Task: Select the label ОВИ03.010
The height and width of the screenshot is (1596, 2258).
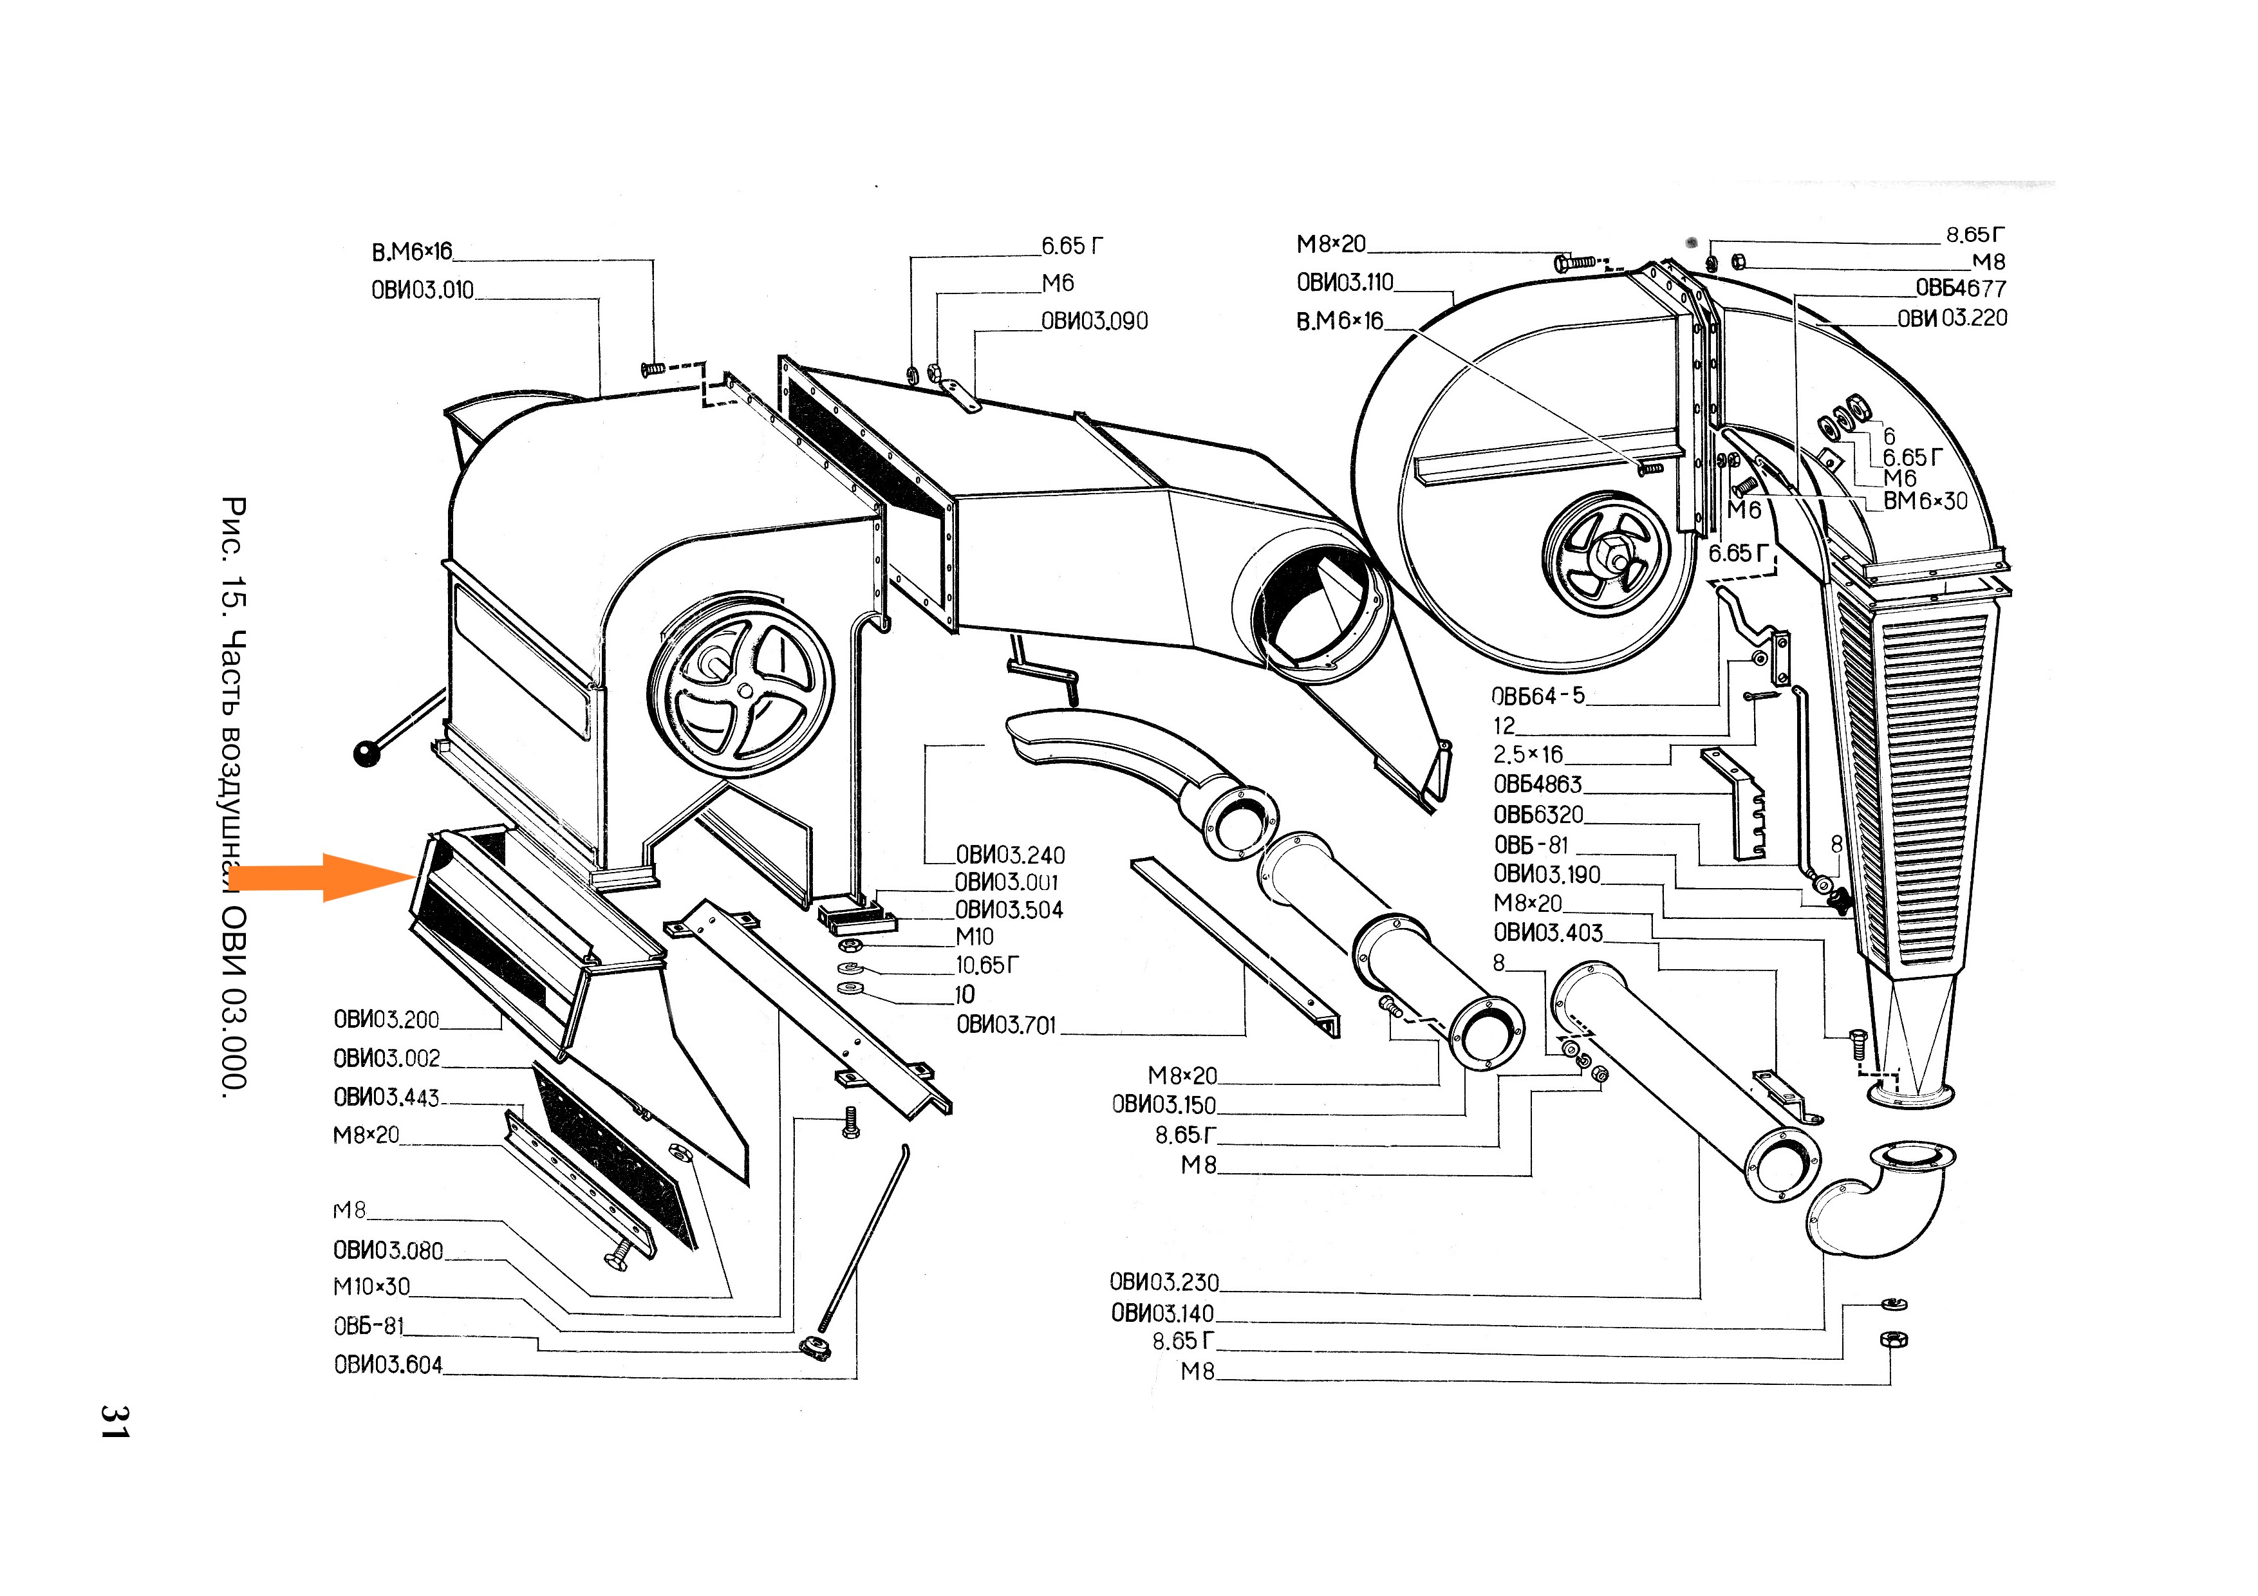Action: pos(422,290)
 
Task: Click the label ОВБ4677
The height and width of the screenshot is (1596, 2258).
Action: pos(1959,289)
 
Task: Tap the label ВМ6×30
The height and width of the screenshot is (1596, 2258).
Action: pos(1925,501)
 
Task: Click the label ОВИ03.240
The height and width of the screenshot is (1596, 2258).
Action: pos(1009,855)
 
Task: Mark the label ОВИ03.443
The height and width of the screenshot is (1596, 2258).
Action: pos(386,1097)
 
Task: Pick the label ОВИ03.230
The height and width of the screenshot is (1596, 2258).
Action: pos(1163,1283)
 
